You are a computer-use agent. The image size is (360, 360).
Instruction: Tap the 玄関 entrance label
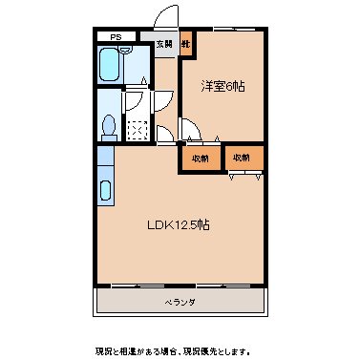point(165,45)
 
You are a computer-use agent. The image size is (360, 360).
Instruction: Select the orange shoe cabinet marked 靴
point(187,45)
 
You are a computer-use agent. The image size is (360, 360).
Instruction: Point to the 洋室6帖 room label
point(222,86)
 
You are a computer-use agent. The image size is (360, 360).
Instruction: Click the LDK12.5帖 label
point(178,226)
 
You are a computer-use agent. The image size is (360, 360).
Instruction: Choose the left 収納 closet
point(200,157)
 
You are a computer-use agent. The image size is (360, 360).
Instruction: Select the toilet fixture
point(108,126)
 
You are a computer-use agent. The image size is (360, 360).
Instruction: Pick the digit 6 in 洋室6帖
point(230,86)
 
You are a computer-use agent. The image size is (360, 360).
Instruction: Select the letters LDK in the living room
point(158,226)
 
